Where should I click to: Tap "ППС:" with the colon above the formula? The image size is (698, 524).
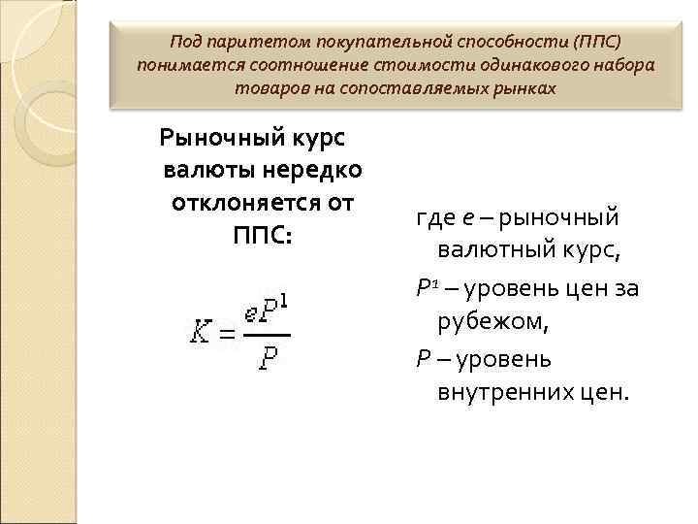[262, 237]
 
